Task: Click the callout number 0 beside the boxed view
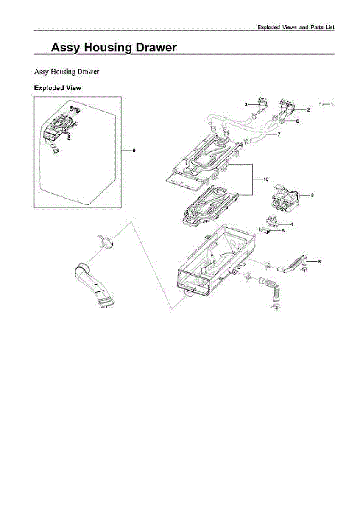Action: click(134, 151)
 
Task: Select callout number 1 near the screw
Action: click(332, 104)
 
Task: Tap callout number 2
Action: click(308, 110)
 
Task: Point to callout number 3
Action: click(246, 104)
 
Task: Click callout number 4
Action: click(292, 224)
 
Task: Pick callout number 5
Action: click(283, 231)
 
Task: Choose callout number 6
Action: click(298, 121)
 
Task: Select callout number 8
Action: click(319, 261)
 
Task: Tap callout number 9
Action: click(312, 196)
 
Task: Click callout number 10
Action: click(266, 179)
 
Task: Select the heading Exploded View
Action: click(57, 88)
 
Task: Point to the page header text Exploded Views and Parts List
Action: click(296, 27)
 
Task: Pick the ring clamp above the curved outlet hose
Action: click(106, 242)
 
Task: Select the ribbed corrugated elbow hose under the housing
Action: click(271, 286)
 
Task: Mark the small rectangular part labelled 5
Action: click(265, 230)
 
